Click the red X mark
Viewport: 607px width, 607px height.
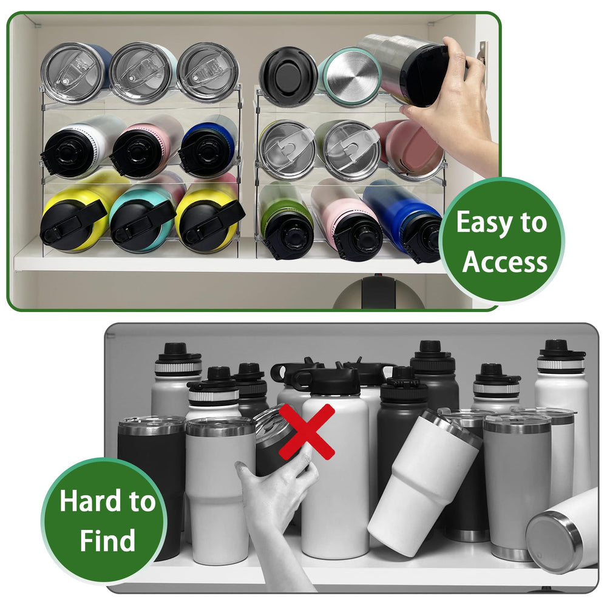pos(307,432)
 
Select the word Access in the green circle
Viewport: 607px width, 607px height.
pos(505,262)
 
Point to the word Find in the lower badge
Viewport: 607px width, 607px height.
pos(107,540)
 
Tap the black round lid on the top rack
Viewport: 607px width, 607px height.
pos(288,72)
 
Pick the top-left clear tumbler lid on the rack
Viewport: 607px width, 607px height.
pos(73,73)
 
